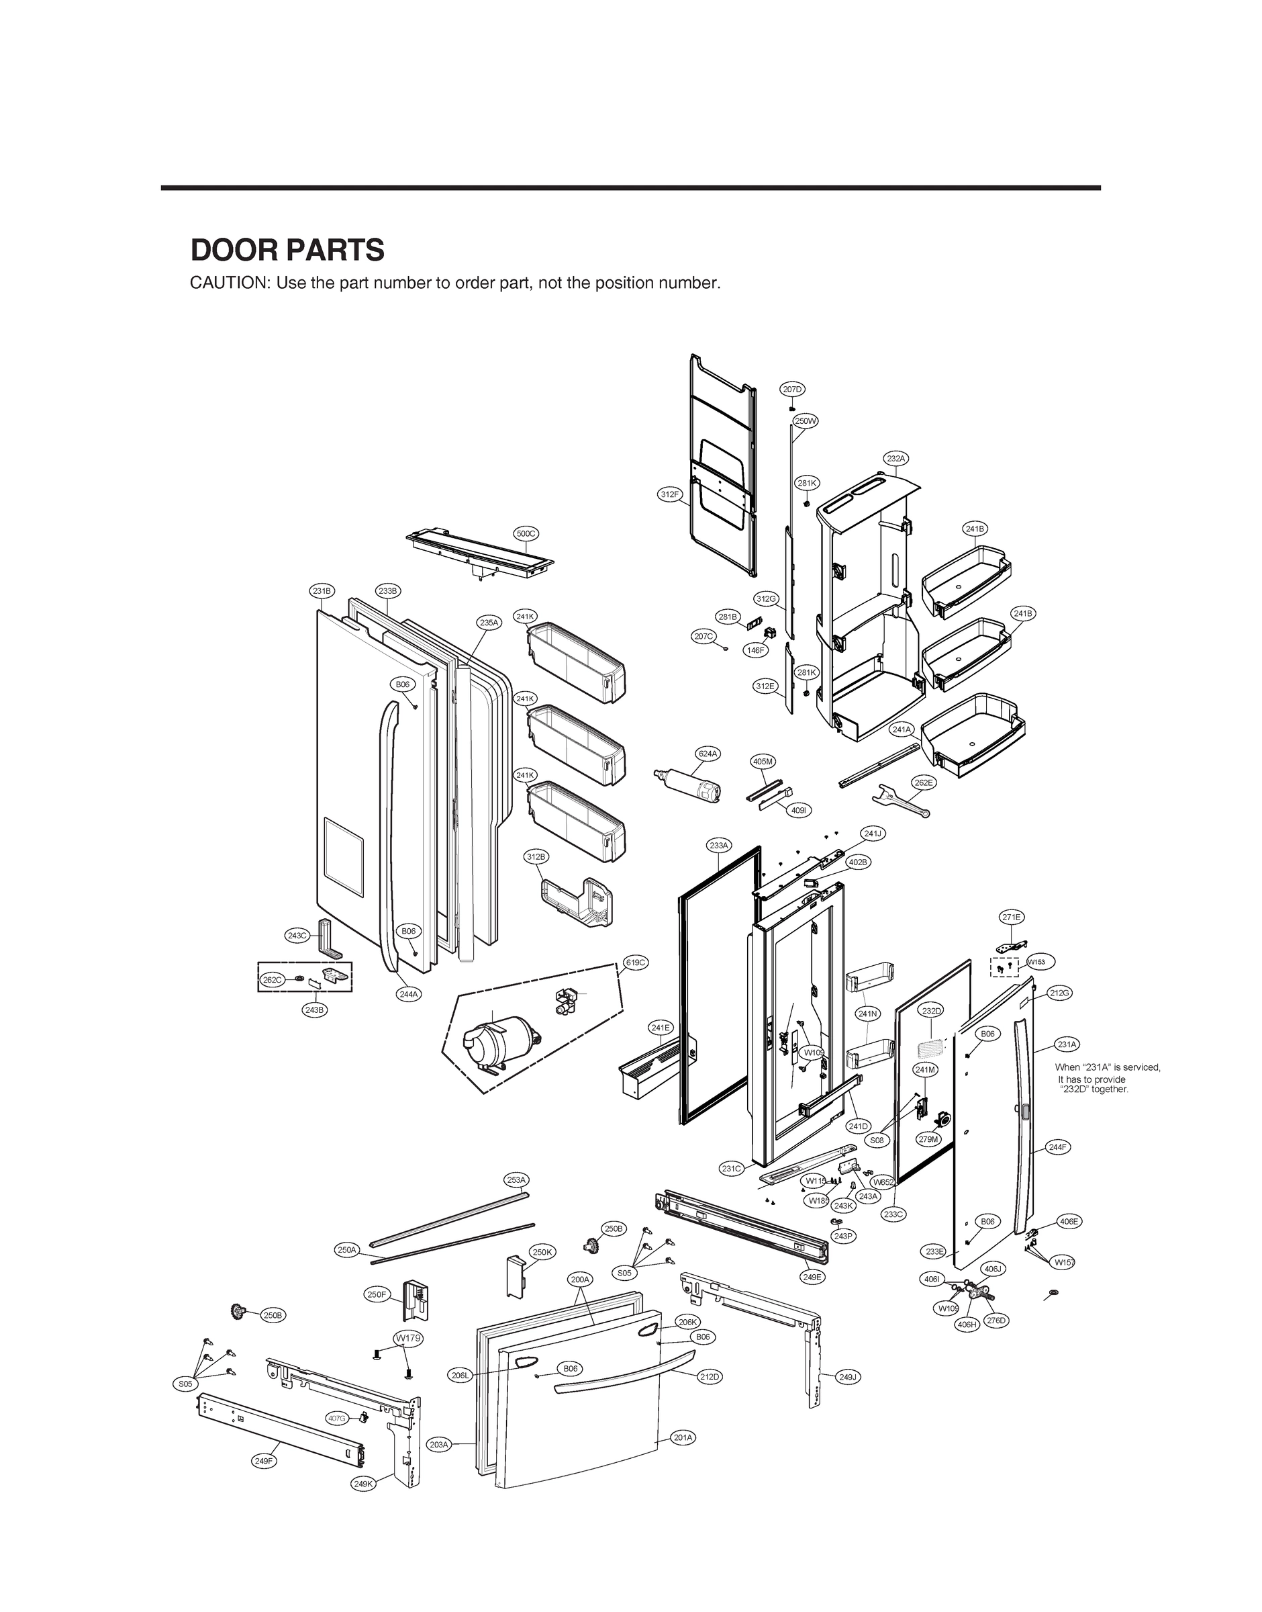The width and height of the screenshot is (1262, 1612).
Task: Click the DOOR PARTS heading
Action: pos(287,251)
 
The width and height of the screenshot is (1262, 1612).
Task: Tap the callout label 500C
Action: pos(526,533)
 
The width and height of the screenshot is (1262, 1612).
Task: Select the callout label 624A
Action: pos(708,754)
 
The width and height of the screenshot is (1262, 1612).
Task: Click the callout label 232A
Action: pos(895,458)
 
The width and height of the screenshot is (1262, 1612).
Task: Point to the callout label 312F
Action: pos(670,494)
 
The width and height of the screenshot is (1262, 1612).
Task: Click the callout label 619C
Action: pos(636,962)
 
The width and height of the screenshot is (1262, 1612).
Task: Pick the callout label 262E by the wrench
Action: pos(923,782)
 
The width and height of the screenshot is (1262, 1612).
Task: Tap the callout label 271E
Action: pos(1012,917)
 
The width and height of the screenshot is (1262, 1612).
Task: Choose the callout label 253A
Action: pos(516,1179)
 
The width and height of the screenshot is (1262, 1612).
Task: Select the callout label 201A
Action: pos(683,1458)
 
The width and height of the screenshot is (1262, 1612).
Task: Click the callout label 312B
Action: pos(536,856)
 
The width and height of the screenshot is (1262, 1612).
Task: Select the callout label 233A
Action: pos(719,845)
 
